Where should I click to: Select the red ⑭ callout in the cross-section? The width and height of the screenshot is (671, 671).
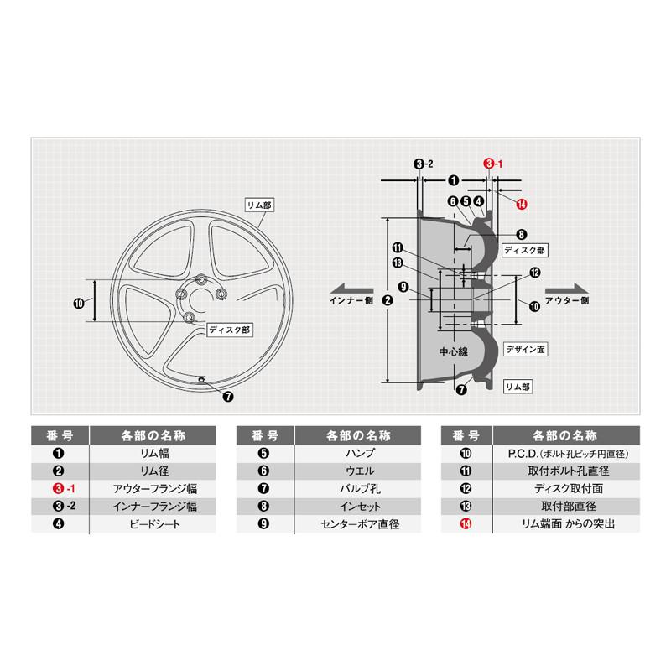pyautogui.click(x=522, y=205)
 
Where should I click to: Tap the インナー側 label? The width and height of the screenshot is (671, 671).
pyautogui.click(x=357, y=300)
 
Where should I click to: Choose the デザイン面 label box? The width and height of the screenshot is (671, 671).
pyautogui.click(x=524, y=346)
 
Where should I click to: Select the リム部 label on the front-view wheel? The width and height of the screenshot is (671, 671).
pyautogui.click(x=258, y=204)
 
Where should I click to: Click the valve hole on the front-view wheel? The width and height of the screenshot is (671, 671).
pyautogui.click(x=201, y=381)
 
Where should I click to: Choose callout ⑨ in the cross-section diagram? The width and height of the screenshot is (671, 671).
pyautogui.click(x=403, y=288)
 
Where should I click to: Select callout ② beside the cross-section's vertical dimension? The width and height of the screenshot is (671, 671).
pyautogui.click(x=387, y=300)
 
